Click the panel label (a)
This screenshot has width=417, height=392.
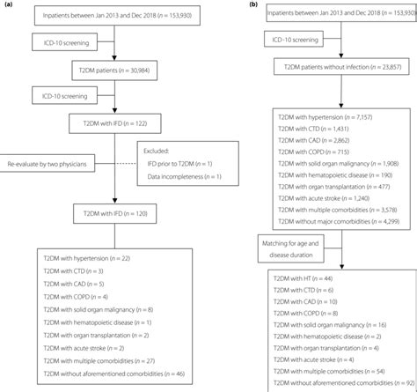(6, 5)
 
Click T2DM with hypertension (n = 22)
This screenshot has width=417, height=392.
(92, 257)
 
